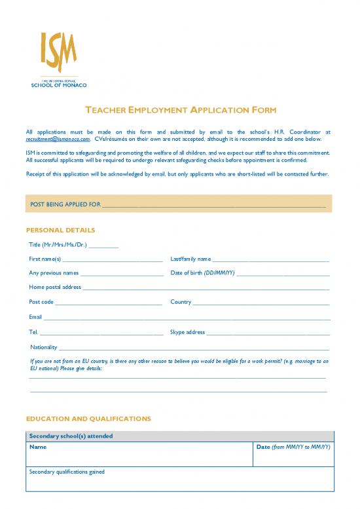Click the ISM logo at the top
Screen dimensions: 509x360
pos(58,60)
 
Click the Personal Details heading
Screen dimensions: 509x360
pos(60,231)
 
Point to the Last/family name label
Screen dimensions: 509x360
pos(190,259)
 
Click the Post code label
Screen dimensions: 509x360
pos(41,302)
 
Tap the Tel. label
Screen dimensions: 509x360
pos(34,332)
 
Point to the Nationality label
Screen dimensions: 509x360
pos(44,347)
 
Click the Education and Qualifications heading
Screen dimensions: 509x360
pos(88,418)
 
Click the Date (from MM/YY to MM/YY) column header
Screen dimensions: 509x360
pos(293,447)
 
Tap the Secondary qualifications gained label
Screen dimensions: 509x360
pos(67,472)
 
